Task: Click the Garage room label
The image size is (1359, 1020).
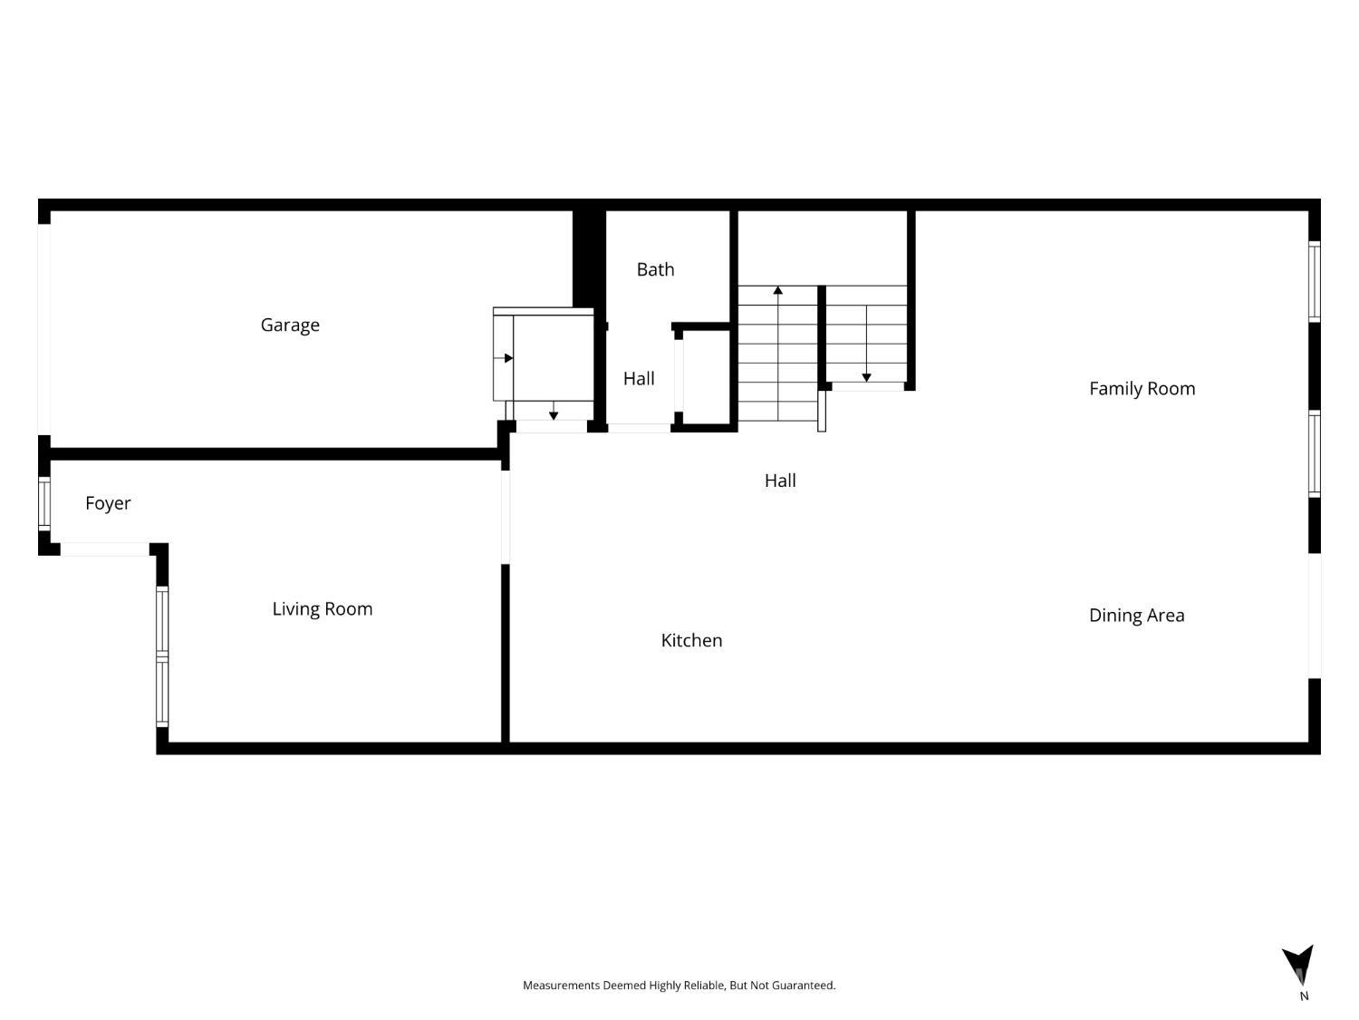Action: (290, 325)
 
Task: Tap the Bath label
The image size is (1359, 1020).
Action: (655, 269)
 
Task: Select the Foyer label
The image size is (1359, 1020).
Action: (108, 503)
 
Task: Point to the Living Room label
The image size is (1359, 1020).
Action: (322, 608)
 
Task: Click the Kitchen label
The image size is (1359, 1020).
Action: (691, 640)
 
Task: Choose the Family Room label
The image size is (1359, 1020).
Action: (1142, 389)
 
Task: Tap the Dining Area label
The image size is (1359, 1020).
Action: (1136, 615)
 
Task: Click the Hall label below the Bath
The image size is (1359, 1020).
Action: (639, 378)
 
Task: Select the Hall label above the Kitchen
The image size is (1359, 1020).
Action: (780, 481)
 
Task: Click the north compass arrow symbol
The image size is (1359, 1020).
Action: (1299, 964)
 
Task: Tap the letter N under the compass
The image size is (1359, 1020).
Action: (1304, 996)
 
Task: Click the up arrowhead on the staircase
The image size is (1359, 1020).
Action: (777, 290)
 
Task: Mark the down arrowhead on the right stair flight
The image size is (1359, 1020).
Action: (866, 378)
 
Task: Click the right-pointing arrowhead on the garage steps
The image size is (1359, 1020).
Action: (508, 358)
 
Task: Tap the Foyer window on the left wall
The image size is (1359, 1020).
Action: (44, 503)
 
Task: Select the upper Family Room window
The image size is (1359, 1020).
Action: (1314, 281)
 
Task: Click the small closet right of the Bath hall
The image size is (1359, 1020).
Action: (706, 377)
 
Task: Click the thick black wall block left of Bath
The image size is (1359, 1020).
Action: (589, 259)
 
